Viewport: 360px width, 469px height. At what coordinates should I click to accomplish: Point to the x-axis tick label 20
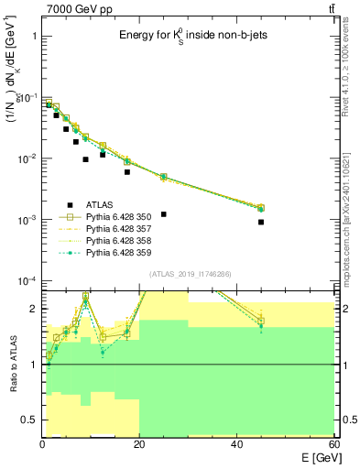pyautogui.click(x=140, y=443)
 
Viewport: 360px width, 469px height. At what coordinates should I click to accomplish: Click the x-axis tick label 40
pyautogui.click(x=237, y=443)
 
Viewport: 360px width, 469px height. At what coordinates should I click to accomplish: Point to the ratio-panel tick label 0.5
pyautogui.click(x=27, y=420)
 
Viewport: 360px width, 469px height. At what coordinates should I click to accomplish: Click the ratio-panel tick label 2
pyautogui.click(x=33, y=309)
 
